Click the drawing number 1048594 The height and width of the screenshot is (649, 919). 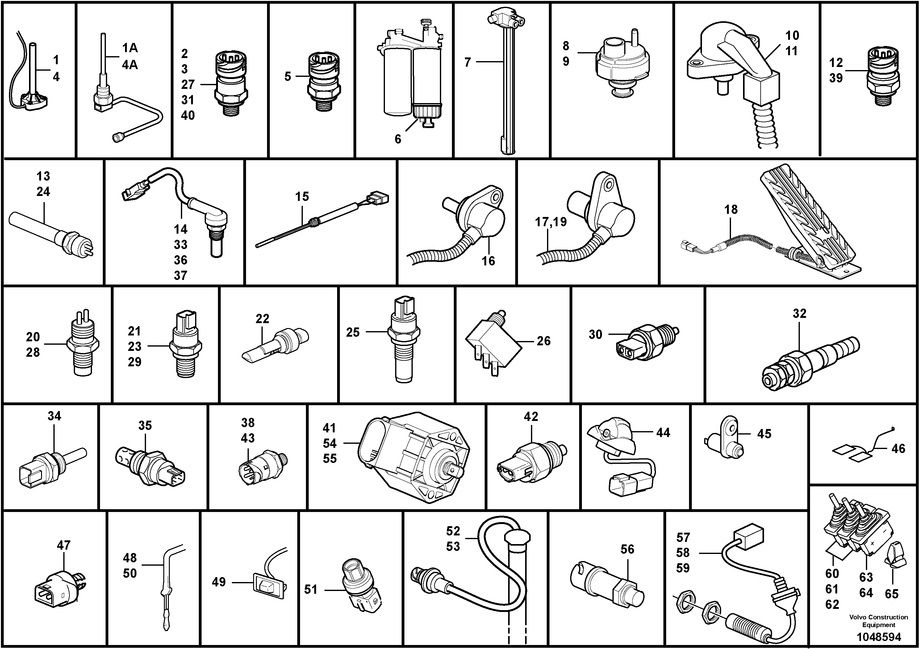click(x=879, y=637)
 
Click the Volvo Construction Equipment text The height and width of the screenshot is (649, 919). click(x=878, y=621)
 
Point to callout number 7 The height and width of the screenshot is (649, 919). click(x=467, y=62)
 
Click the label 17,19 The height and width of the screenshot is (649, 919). click(x=551, y=222)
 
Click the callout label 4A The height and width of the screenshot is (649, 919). click(x=130, y=64)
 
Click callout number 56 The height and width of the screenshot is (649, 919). click(x=627, y=549)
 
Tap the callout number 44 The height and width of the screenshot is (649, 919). click(x=663, y=433)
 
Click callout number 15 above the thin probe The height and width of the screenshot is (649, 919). click(x=302, y=197)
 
